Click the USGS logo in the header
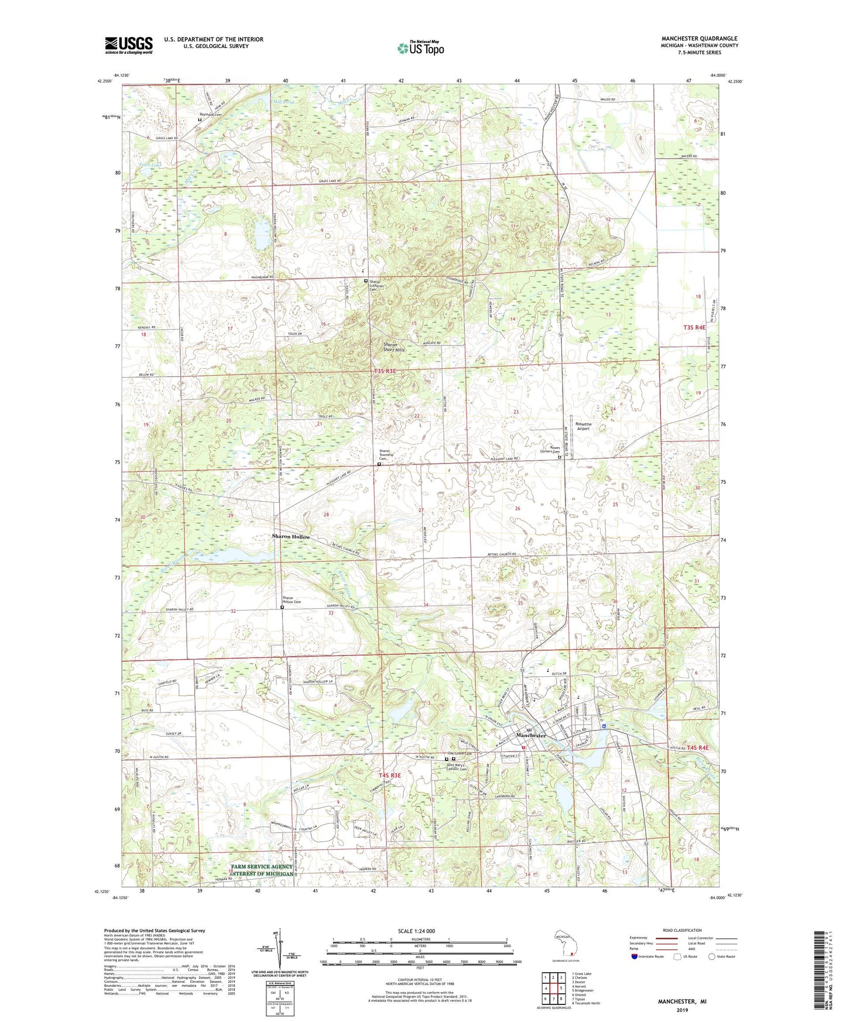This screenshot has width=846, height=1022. coord(129,45)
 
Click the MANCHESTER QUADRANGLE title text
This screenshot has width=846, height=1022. coord(699,39)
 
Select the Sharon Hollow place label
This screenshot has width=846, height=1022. coord(290,536)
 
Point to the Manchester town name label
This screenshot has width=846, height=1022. coord(530,735)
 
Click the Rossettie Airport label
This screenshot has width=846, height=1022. coord(583,426)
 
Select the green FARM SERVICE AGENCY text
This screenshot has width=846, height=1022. coord(261,866)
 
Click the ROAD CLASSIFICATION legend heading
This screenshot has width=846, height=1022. coord(682,930)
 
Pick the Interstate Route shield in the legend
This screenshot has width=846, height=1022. coord(634,956)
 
